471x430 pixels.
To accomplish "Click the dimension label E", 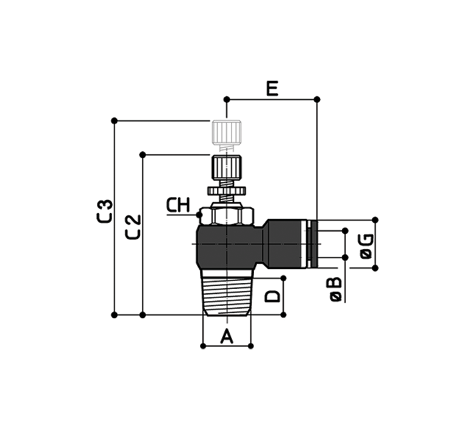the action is tap(272, 88).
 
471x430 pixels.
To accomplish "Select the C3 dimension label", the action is tap(105, 211).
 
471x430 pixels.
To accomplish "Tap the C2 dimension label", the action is tap(133, 227).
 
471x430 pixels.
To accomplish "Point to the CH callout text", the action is tap(178, 206).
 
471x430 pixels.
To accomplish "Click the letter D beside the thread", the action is tap(272, 296).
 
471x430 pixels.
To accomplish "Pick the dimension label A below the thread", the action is tap(227, 336).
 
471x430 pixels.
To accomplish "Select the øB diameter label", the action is tap(336, 289).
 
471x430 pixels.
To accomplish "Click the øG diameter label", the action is tap(367, 246).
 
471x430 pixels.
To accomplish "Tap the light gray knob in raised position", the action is tap(227, 133).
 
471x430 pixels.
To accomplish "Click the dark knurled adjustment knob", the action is tap(227, 168).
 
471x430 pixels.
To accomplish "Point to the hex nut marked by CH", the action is tap(227, 216).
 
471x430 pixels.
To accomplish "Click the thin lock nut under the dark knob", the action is tap(227, 190).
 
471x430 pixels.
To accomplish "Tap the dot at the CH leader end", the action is tap(199, 215).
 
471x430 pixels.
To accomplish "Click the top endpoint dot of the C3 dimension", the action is tap(114, 121).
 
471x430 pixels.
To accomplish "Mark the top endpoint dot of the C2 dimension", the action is tap(143, 155).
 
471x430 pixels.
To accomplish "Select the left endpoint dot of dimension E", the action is tap(227, 99).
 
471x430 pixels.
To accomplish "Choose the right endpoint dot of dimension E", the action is tap(317, 99).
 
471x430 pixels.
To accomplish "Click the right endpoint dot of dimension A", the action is tap(251, 346).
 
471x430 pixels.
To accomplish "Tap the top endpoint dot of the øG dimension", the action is tap(375, 220).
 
